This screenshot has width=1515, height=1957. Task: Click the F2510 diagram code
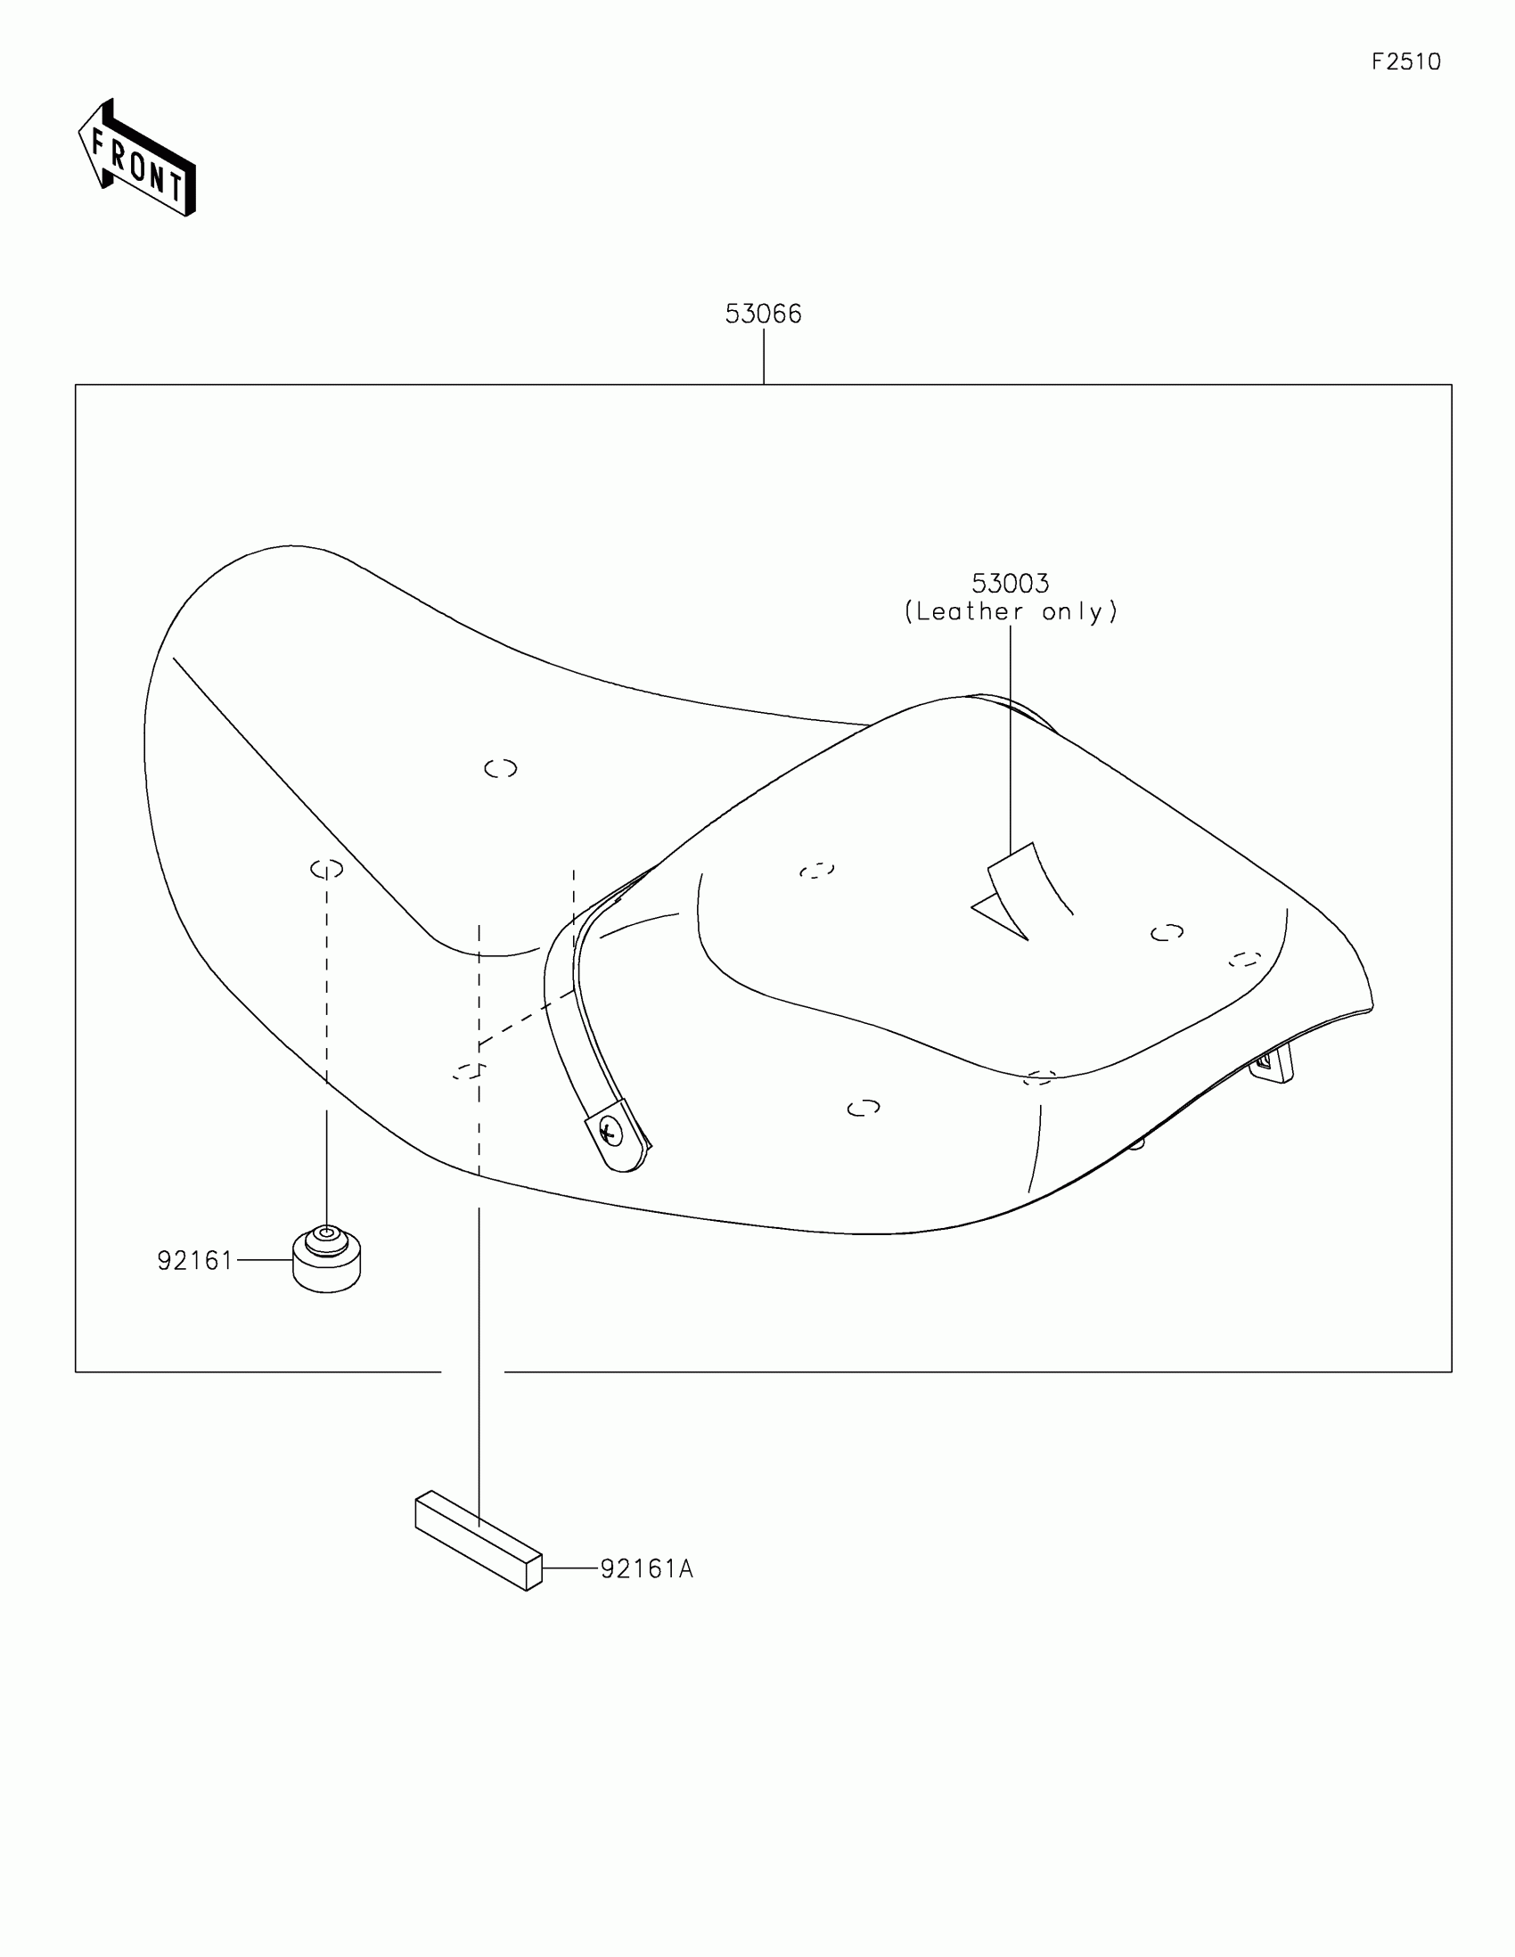pos(1405,61)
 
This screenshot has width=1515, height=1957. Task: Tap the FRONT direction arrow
pos(136,160)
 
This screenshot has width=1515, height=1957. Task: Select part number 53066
pos(763,314)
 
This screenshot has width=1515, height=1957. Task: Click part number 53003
pos(1010,584)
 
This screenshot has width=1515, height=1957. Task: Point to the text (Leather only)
pos(1011,612)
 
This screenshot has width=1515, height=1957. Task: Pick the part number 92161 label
pos(194,1261)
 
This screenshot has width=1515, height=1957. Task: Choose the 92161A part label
pos(647,1569)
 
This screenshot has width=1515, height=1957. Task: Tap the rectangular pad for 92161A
pos(479,1540)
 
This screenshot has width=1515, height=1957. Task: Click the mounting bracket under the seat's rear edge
pos(1273,1066)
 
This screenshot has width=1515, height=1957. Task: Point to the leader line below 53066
pos(764,356)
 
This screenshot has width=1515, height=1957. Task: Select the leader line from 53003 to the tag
pos(1011,735)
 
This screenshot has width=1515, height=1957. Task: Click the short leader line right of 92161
pos(265,1260)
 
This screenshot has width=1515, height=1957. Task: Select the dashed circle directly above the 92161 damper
pos(327,868)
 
